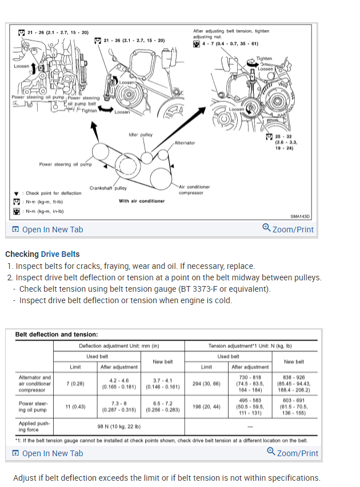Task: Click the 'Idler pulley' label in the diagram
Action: [x=141, y=135]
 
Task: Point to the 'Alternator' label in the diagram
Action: [x=185, y=143]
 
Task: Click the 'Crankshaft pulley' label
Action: [x=108, y=188]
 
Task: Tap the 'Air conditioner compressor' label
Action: [x=194, y=190]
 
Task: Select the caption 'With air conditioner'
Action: [x=142, y=201]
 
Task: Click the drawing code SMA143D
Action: [x=299, y=216]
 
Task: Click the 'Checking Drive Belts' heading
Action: [x=42, y=254]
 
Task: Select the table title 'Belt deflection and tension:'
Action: [x=57, y=335]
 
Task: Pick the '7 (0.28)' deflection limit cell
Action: [x=76, y=384]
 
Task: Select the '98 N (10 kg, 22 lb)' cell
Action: [x=119, y=426]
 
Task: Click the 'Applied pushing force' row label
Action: [x=34, y=426]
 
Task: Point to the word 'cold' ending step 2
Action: [x=222, y=300]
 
